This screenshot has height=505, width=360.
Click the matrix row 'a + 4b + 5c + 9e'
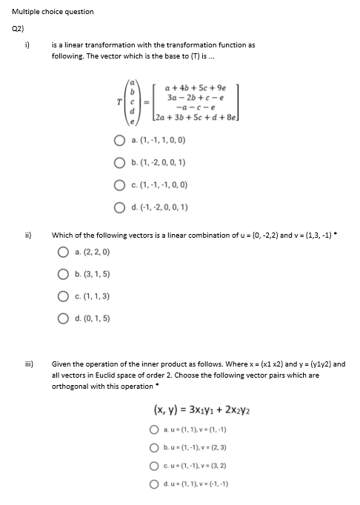(191, 87)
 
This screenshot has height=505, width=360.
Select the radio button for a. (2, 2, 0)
(64, 252)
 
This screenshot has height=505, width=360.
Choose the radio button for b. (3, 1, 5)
(64, 274)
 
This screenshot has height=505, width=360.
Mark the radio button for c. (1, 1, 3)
(64, 296)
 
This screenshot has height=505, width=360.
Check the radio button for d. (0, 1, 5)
(64, 319)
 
